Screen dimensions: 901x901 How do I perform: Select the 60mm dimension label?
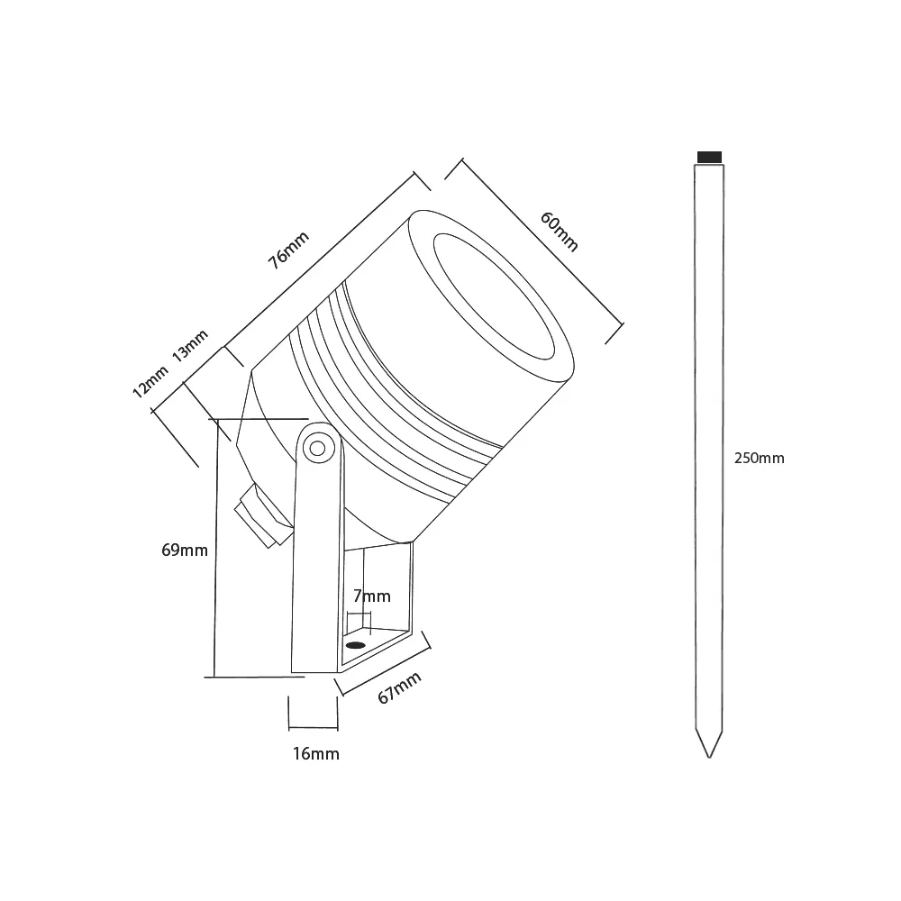click(559, 232)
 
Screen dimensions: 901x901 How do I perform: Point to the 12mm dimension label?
click(150, 384)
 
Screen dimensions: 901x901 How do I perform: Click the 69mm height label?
click(185, 550)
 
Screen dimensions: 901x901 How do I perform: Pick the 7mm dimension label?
click(372, 596)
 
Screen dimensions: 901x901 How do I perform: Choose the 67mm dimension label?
click(399, 690)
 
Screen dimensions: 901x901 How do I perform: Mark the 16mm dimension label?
click(316, 753)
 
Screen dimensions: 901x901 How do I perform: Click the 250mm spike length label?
click(759, 458)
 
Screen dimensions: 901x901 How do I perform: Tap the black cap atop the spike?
click(711, 157)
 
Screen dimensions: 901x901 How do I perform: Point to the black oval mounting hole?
click(355, 645)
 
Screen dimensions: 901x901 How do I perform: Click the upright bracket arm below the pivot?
click(316, 568)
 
